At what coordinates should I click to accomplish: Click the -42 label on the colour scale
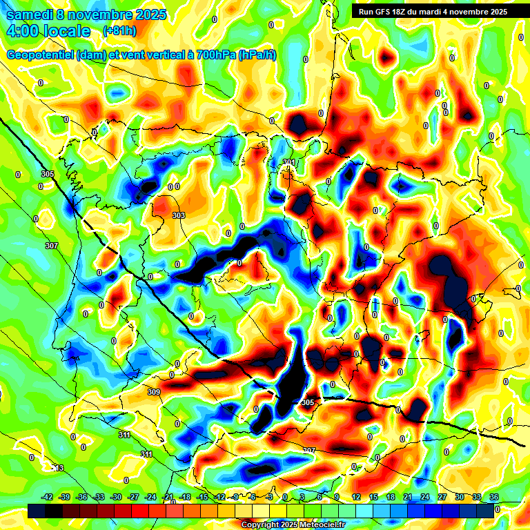(48, 498)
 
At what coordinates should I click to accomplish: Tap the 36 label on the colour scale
(494, 498)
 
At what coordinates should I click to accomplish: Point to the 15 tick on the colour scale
(373, 498)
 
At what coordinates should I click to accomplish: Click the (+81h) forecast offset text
(119, 31)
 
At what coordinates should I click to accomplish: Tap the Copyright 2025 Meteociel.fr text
(293, 525)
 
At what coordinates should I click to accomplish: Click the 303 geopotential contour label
(179, 216)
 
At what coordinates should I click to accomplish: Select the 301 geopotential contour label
(289, 163)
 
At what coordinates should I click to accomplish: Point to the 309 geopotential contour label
(154, 392)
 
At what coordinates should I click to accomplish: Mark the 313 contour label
(57, 468)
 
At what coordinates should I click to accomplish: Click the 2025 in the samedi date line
(148, 14)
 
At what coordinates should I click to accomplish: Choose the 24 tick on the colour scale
(425, 498)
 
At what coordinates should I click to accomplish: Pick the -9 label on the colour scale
(236, 498)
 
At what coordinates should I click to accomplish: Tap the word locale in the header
(66, 31)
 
